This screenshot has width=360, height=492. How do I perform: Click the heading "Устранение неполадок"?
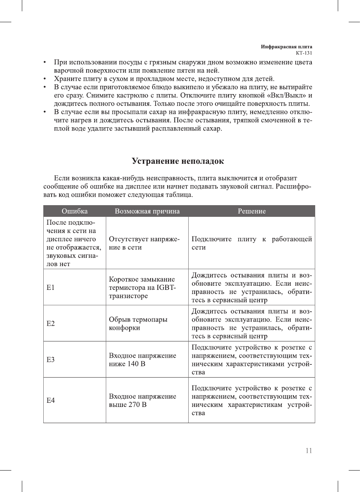pyautogui.click(x=178, y=161)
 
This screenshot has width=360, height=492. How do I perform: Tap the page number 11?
pyautogui.click(x=308, y=451)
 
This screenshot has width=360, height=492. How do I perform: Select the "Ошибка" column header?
pyautogui.click(x=75, y=211)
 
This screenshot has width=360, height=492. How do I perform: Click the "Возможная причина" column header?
pyautogui.click(x=147, y=211)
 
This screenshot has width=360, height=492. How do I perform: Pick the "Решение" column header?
pyautogui.click(x=252, y=211)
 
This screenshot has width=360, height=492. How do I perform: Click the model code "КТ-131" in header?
pyautogui.click(x=304, y=53)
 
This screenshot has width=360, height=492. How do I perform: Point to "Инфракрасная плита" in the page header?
pyautogui.click(x=286, y=47)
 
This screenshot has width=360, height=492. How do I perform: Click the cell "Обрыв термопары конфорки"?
pyautogui.click(x=138, y=324)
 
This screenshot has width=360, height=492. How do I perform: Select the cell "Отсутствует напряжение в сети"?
pyautogui.click(x=144, y=243)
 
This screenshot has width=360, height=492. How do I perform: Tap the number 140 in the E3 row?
pyautogui.click(x=133, y=364)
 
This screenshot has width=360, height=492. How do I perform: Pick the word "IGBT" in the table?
pyautogui.click(x=166, y=288)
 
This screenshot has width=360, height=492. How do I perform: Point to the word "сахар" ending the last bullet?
pyautogui.click(x=212, y=128)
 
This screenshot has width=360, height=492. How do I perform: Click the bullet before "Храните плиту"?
pyautogui.click(x=45, y=79)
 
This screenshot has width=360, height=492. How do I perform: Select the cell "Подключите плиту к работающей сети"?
pyautogui.click(x=252, y=243)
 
